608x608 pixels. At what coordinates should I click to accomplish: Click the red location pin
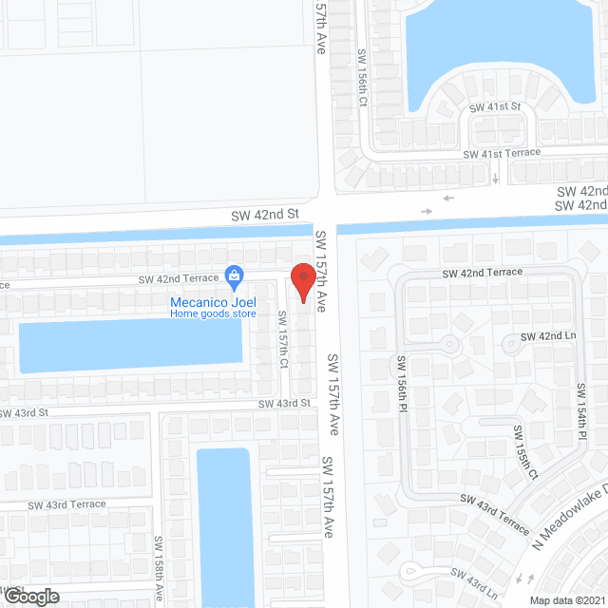tap(303, 282)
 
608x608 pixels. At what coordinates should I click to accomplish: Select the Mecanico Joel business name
tap(213, 303)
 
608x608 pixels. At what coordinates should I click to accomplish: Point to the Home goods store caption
tap(213, 313)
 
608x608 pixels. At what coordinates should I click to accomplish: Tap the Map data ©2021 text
tap(567, 600)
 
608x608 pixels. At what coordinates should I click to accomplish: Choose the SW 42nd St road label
tap(264, 216)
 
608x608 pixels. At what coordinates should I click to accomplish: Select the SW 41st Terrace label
tap(502, 152)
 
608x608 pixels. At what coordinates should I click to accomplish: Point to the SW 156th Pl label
tap(402, 386)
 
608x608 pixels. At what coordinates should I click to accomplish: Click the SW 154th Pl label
tap(580, 409)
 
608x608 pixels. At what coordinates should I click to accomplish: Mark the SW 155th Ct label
tap(525, 452)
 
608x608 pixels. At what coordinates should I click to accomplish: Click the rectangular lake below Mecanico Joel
tap(130, 347)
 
